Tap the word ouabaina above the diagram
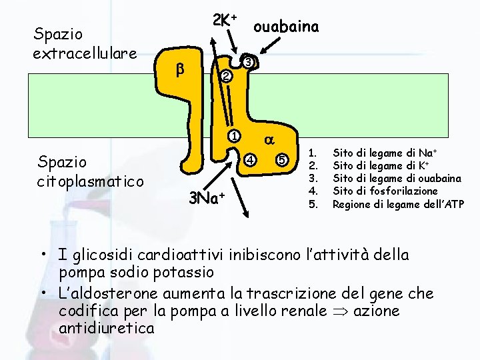(x=286, y=26)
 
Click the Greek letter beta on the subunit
(x=179, y=69)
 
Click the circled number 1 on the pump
(x=234, y=137)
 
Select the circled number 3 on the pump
(x=248, y=62)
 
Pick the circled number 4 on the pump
(x=249, y=160)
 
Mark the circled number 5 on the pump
(x=283, y=160)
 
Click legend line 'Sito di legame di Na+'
(x=383, y=153)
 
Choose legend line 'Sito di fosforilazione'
(x=385, y=191)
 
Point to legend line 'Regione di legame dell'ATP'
(x=398, y=203)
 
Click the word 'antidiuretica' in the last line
(x=107, y=329)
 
